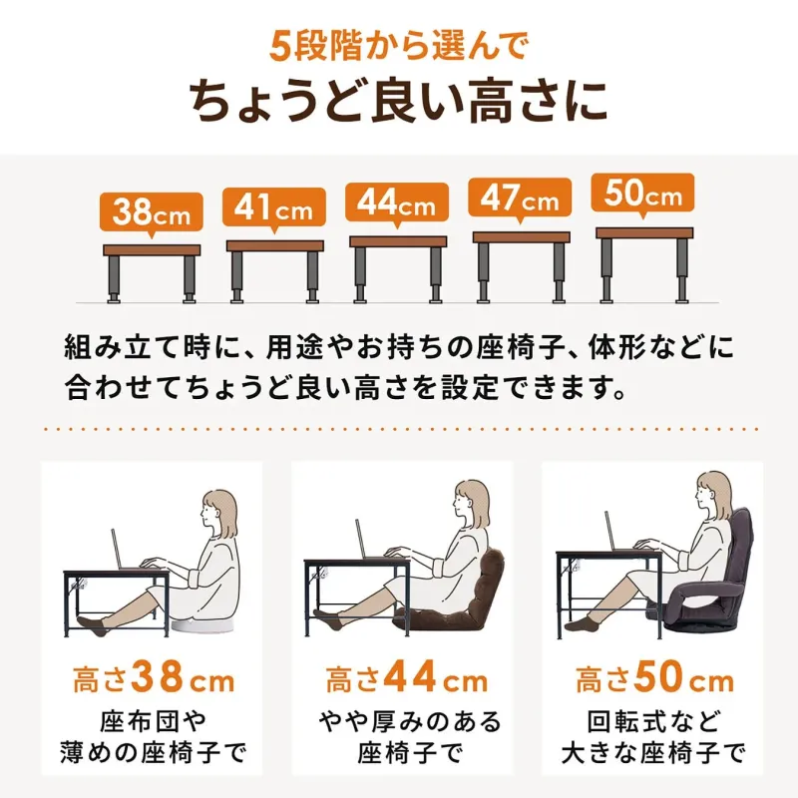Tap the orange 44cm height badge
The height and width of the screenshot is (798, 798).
tap(397, 203)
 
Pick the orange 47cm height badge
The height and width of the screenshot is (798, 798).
tap(521, 199)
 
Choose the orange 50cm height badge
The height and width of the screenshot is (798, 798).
tap(643, 194)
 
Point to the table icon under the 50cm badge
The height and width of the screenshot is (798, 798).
tap(644, 263)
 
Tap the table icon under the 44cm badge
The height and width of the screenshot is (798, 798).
tap(398, 268)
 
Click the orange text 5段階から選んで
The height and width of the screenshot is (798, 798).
tap(398, 44)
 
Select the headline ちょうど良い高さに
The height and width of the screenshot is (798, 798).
tap(398, 101)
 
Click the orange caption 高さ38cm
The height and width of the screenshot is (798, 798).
tap(153, 682)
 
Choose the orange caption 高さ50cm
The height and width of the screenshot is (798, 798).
tap(654, 682)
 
